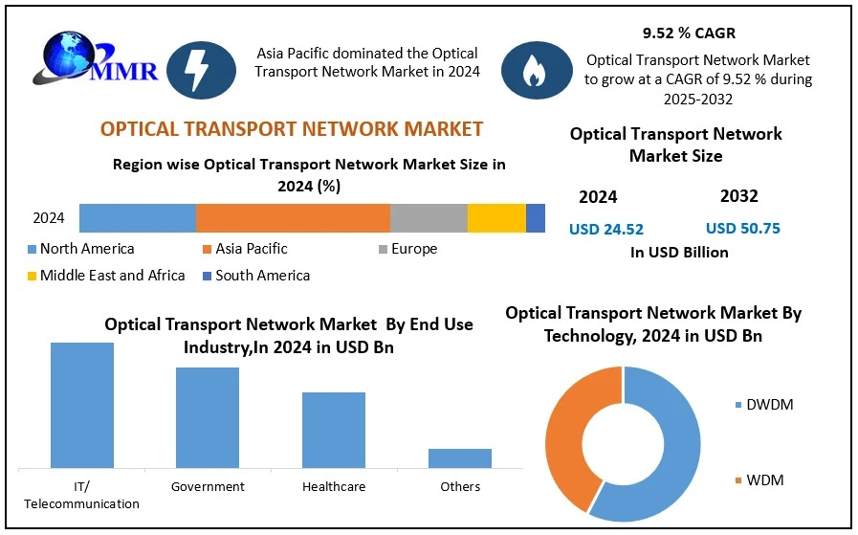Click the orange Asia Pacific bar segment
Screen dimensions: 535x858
click(293, 218)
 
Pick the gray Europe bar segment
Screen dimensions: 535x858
click(429, 218)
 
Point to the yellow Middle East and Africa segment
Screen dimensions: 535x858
click(496, 218)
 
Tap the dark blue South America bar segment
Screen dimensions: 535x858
click(536, 218)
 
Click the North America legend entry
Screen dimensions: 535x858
click(80, 249)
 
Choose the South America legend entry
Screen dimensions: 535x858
click(255, 276)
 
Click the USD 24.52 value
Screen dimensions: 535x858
click(606, 229)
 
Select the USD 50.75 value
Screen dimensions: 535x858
click(742, 228)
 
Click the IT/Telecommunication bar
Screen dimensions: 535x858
click(82, 405)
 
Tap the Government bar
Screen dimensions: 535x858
click(208, 417)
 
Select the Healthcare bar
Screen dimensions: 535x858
click(334, 430)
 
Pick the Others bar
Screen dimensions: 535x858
click(460, 457)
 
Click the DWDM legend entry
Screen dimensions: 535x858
click(764, 405)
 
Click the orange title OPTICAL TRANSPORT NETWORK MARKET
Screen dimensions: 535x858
click(292, 129)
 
